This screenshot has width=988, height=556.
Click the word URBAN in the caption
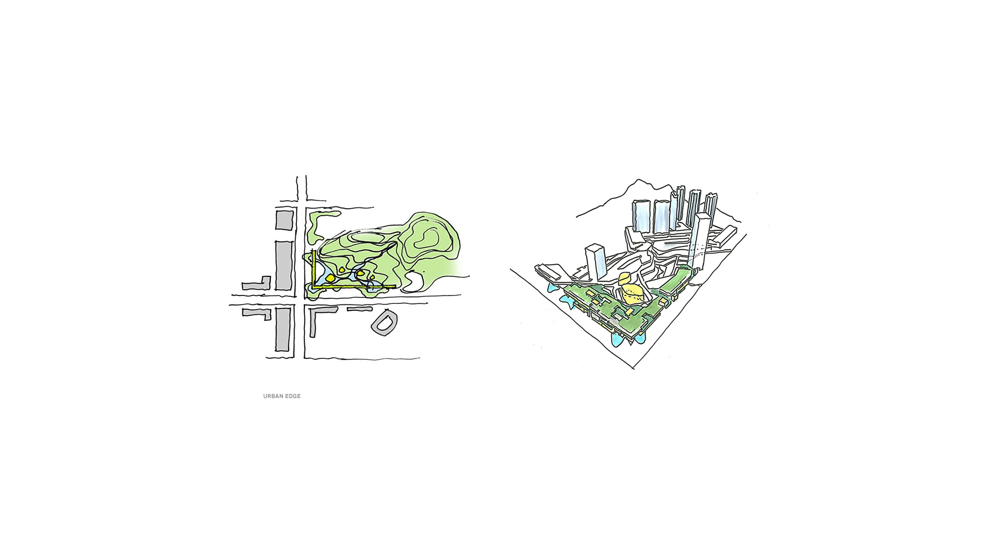coord(273,396)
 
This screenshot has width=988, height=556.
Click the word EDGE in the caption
coord(292,396)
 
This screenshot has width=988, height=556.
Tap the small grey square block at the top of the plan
coord(284,220)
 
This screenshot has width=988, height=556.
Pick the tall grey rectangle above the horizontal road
coord(284,265)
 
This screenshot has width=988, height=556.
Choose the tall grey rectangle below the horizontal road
coord(283,329)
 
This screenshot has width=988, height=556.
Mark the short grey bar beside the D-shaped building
coord(360,309)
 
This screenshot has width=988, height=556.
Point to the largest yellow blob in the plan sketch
coord(330,278)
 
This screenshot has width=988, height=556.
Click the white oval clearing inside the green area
coord(414,282)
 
